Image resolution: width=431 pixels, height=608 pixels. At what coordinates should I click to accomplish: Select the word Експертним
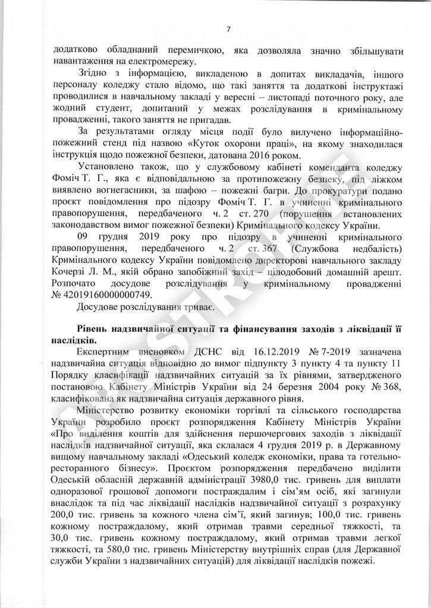coord(102,353)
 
